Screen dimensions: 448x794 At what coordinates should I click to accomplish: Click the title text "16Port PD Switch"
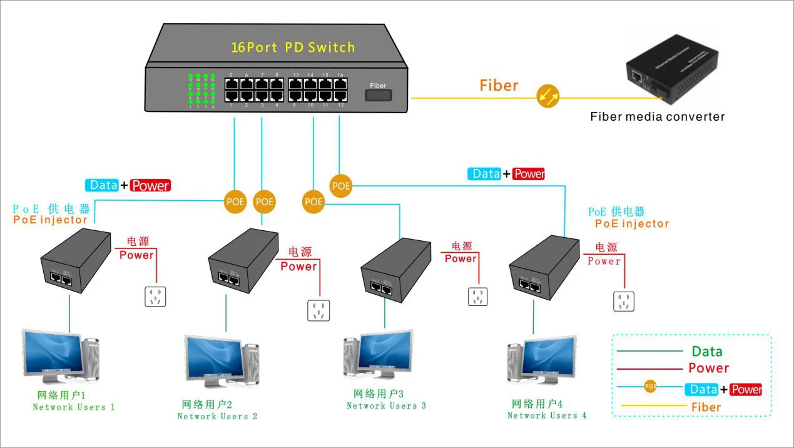[293, 48]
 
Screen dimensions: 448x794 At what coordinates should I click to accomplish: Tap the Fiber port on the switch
[378, 95]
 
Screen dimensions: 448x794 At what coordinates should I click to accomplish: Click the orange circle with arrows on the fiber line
[548, 97]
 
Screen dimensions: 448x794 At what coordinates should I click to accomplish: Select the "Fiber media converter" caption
[658, 116]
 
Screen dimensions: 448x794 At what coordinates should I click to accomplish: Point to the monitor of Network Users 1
[53, 354]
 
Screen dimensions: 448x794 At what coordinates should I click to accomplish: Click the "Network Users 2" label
[217, 416]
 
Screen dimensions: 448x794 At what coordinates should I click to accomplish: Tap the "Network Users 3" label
[386, 405]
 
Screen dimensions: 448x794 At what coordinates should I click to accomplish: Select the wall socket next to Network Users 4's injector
[624, 301]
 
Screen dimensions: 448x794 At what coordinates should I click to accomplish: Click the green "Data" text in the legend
[707, 352]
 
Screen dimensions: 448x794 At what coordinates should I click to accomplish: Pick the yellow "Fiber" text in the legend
[706, 407]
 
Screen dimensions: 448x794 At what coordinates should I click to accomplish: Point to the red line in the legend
[649, 369]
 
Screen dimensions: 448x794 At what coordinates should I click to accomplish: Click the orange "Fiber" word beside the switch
[499, 86]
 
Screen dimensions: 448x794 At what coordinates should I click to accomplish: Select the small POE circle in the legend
[651, 387]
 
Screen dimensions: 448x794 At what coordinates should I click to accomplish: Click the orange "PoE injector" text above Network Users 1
[51, 220]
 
